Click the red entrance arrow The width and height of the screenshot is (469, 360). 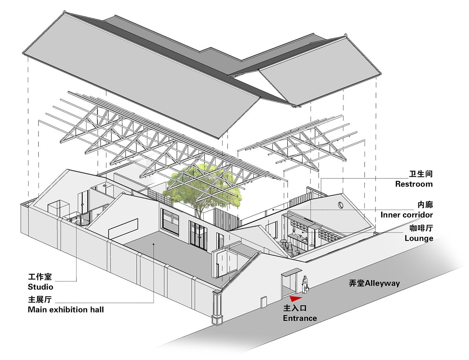(295, 298)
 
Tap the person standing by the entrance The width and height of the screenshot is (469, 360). (305, 284)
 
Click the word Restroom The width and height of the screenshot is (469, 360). (414, 184)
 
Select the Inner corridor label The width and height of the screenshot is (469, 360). (407, 215)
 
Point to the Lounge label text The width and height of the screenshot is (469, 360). (419, 238)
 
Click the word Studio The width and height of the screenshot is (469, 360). (40, 287)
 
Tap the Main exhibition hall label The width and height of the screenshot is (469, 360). (66, 310)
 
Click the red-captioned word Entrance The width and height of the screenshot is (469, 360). (300, 318)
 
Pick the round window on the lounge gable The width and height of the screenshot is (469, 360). (340, 205)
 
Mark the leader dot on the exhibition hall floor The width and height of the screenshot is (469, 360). (154, 244)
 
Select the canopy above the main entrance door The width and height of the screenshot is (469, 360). (291, 272)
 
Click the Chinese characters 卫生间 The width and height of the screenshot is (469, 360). (421, 174)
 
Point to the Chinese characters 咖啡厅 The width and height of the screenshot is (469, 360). (421, 228)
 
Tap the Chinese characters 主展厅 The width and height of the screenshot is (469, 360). (40, 299)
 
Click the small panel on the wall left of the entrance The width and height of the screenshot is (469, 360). (263, 302)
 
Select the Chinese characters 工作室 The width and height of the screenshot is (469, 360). (40, 277)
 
